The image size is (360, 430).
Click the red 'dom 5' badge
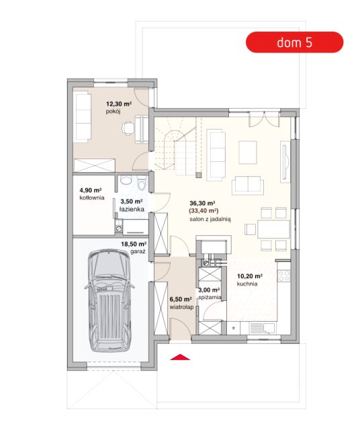point(294,42)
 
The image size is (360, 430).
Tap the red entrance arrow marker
point(180,357)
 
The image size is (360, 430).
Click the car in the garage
point(109,300)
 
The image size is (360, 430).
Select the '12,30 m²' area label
point(119,104)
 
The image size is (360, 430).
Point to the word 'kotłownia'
point(92,198)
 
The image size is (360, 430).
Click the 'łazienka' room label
point(132,209)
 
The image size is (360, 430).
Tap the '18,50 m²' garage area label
point(134,244)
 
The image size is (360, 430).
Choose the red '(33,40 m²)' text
point(204,210)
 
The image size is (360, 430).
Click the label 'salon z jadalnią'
point(210,219)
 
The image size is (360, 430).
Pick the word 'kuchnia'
point(247,284)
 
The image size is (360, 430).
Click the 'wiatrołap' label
point(181,307)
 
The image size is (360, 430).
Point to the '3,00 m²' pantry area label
point(209,290)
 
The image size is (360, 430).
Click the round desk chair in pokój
point(128,128)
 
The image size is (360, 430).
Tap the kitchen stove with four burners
point(284,276)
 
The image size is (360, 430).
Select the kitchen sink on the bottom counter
point(262,329)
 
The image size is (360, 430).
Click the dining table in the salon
point(273,229)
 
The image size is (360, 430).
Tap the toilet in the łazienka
point(142,183)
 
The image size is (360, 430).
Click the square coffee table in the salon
point(248,153)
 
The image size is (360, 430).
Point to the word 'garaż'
point(138,251)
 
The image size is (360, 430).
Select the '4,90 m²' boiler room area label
point(91,190)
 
